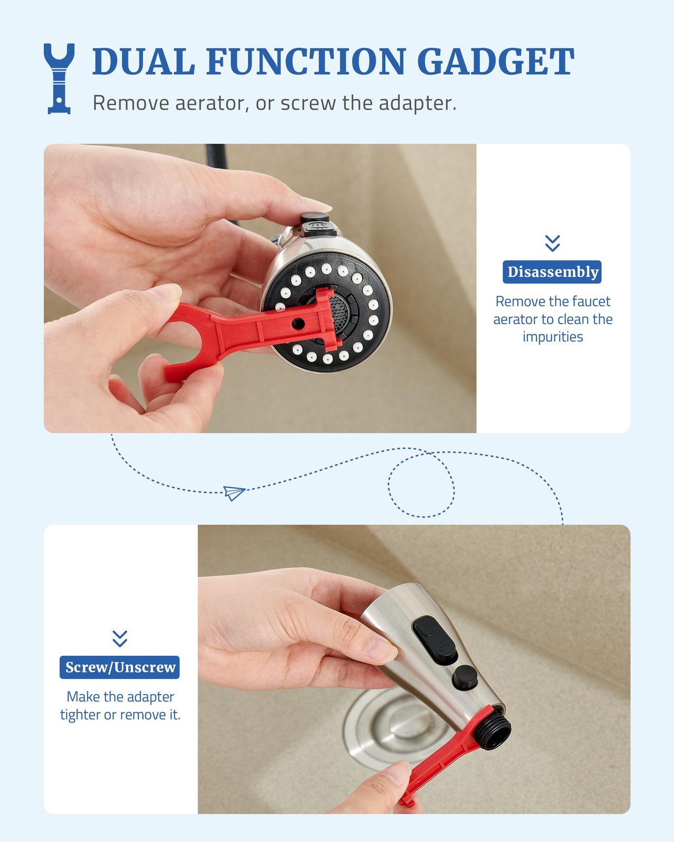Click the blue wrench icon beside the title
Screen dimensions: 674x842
point(59,78)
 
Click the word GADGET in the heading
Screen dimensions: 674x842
point(495,62)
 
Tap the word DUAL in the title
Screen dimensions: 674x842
point(143,62)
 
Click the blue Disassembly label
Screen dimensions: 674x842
point(552,272)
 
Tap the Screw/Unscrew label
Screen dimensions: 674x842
point(120,667)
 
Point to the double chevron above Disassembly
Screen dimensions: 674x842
point(552,243)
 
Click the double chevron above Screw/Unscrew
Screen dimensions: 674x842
point(120,638)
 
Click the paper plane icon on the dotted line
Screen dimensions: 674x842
point(234,493)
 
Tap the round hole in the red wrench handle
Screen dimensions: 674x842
point(298,324)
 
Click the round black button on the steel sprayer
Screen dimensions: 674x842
point(465,677)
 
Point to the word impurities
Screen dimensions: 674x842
point(552,337)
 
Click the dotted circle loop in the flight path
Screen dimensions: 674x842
point(421,485)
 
